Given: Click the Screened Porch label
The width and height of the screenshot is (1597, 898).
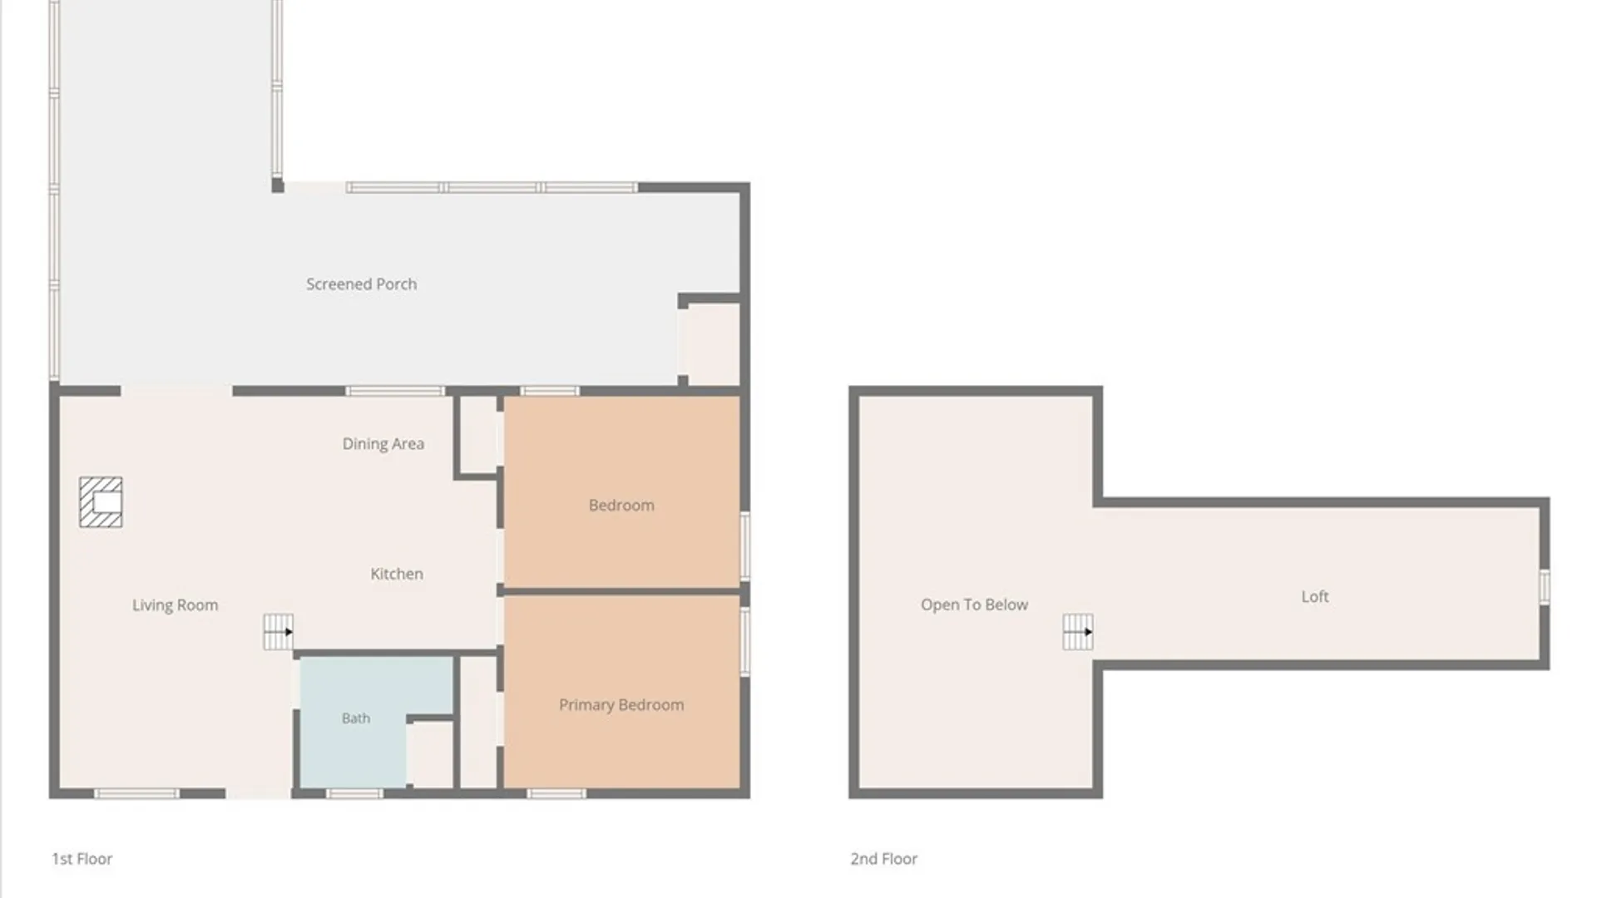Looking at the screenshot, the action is (361, 284).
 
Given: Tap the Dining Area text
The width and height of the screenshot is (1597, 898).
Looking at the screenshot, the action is (383, 444).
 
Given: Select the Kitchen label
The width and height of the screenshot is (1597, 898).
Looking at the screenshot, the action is (397, 574).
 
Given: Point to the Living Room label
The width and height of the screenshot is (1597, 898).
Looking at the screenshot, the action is (175, 605).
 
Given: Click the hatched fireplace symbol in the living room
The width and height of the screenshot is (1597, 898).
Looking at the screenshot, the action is (101, 502).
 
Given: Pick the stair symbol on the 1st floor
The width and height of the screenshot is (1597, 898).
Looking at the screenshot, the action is (279, 632).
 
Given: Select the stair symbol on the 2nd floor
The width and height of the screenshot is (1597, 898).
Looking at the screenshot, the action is (1078, 632).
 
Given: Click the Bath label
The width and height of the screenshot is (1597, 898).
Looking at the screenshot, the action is (356, 718).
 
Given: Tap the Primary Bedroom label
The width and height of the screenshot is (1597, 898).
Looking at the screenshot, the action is (621, 705).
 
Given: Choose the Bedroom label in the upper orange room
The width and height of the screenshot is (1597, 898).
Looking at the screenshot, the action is (621, 506).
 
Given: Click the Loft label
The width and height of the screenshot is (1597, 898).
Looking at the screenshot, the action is (1315, 596).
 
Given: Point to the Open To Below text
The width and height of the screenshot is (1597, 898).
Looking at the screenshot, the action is (974, 604).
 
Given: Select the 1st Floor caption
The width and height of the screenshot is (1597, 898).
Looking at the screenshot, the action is (82, 859).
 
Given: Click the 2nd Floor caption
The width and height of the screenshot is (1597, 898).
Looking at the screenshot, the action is (883, 859).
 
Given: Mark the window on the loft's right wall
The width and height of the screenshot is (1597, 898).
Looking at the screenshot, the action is (1545, 587).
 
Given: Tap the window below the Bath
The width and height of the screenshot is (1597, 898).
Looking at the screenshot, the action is (354, 794).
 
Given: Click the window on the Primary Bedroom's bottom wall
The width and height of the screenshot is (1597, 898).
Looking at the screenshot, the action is (556, 794).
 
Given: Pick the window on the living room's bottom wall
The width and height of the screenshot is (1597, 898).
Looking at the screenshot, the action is (136, 794).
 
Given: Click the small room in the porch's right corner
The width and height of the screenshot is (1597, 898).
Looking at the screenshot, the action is (711, 343).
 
